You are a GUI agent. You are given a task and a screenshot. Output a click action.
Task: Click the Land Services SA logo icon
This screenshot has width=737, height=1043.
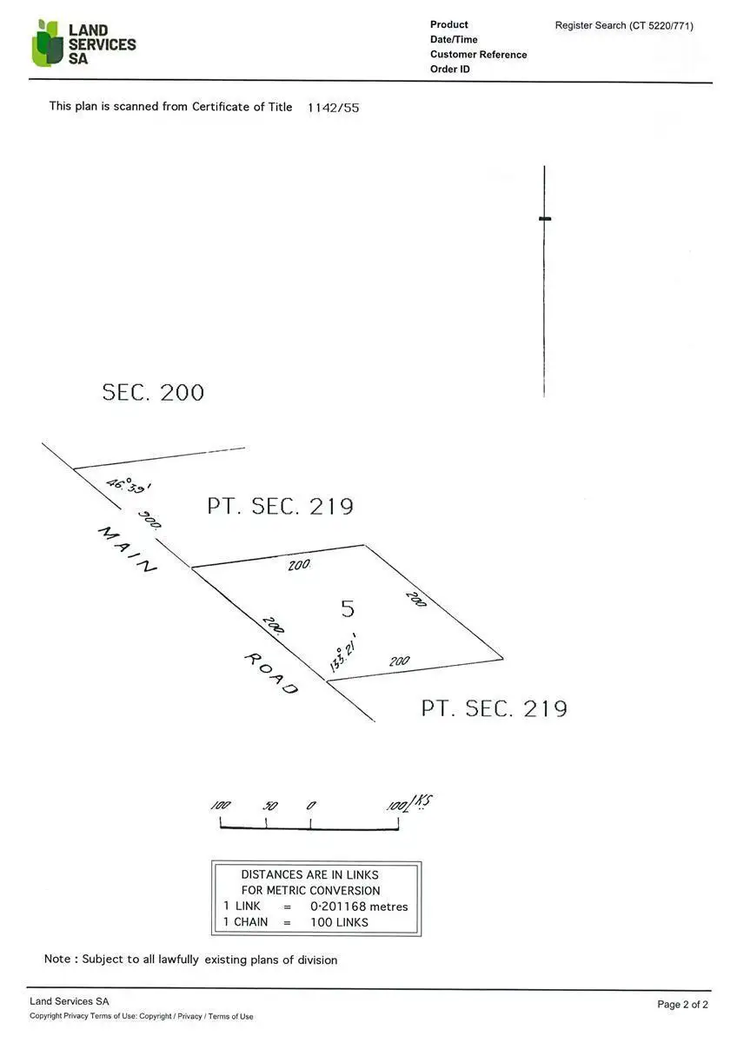[x=47, y=43]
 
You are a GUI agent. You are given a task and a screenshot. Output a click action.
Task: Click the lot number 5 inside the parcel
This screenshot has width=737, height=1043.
[x=348, y=608]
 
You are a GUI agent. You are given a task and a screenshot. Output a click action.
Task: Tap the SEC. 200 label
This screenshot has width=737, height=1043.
[x=153, y=392]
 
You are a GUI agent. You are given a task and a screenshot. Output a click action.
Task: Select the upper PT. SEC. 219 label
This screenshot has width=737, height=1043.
[x=280, y=506]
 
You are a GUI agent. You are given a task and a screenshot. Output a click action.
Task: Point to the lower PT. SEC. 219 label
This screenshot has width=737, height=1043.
[x=494, y=708]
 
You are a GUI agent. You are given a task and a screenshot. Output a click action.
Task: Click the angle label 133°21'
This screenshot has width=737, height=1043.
[x=343, y=653]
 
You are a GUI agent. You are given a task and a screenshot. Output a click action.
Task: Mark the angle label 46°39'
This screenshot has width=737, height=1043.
[x=123, y=487]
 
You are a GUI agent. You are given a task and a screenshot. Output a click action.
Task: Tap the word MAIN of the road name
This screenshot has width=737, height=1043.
[x=127, y=549]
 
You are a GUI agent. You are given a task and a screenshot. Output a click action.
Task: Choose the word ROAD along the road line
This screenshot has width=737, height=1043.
[x=271, y=674]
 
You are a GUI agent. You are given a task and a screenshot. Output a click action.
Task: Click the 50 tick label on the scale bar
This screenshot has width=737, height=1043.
[x=269, y=806]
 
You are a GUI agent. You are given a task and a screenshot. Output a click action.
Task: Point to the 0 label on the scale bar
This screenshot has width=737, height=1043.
[x=310, y=806]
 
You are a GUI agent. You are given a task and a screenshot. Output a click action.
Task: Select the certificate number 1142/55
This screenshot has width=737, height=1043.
[x=333, y=108]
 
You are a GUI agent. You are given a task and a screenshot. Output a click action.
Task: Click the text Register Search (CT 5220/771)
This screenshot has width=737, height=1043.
[x=624, y=25]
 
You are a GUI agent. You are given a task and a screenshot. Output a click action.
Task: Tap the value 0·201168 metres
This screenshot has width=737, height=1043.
[x=359, y=907]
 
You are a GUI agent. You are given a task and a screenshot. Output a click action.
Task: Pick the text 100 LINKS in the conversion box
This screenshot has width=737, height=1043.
[x=339, y=922]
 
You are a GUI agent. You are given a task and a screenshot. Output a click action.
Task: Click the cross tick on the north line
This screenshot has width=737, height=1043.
[x=545, y=218]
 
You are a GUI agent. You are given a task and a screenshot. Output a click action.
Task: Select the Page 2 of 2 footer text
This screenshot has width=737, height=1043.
[x=682, y=1004]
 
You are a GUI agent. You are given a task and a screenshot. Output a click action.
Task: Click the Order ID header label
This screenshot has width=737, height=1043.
[x=449, y=70]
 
